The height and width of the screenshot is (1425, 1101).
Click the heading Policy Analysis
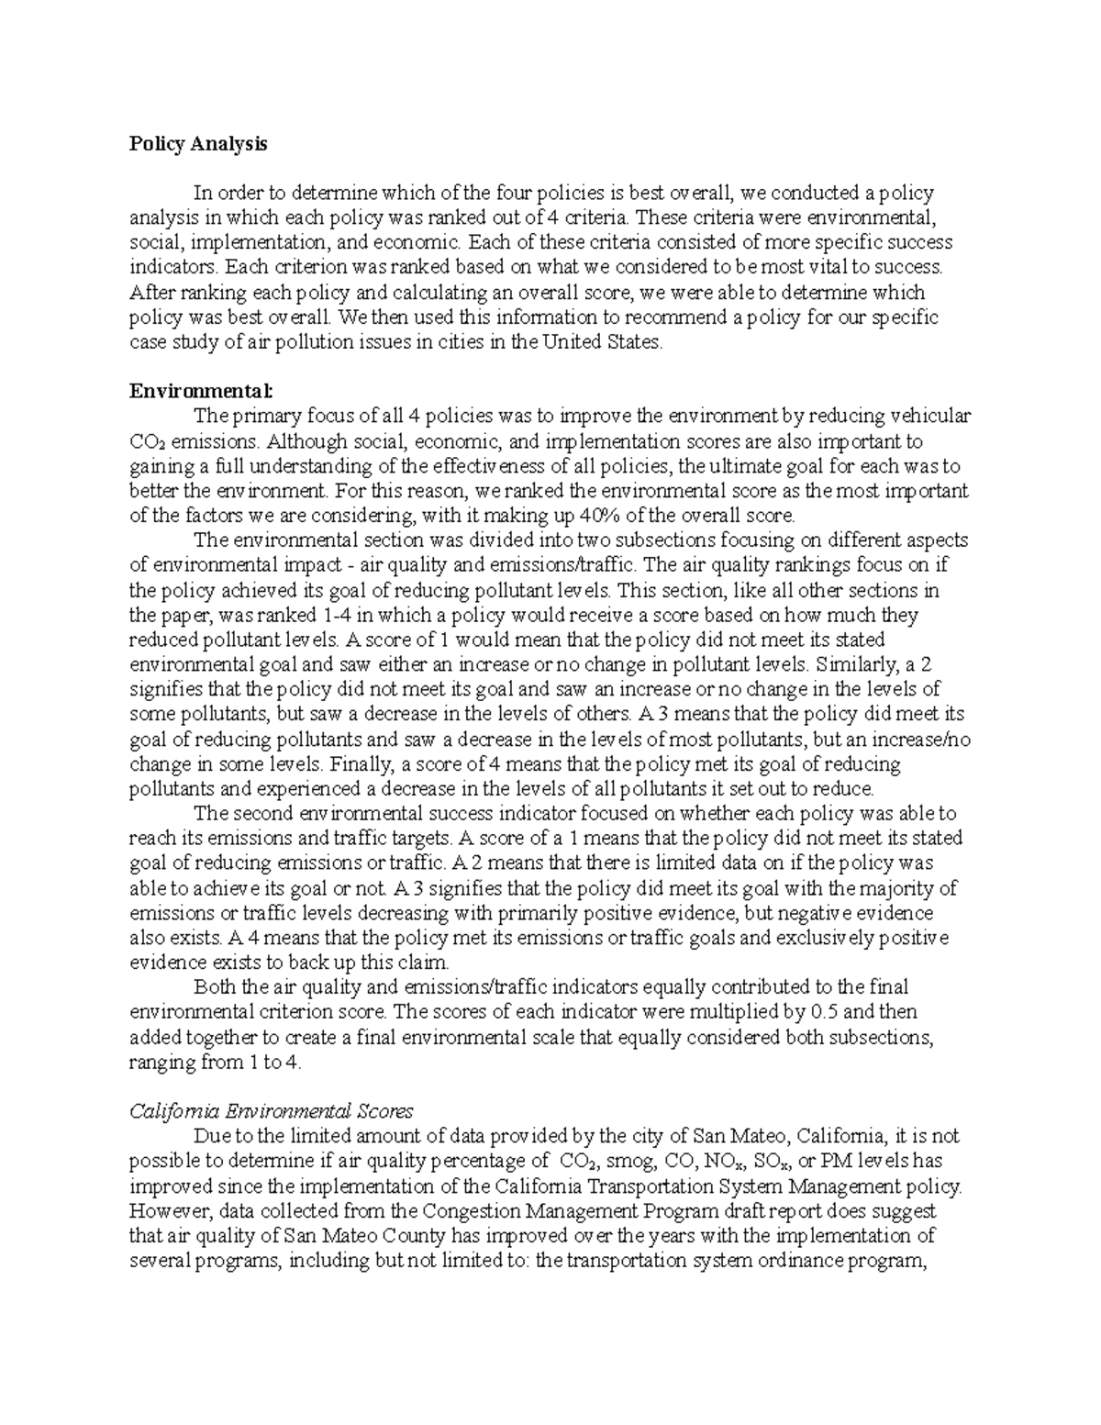198,144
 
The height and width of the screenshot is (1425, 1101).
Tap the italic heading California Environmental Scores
272,1111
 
